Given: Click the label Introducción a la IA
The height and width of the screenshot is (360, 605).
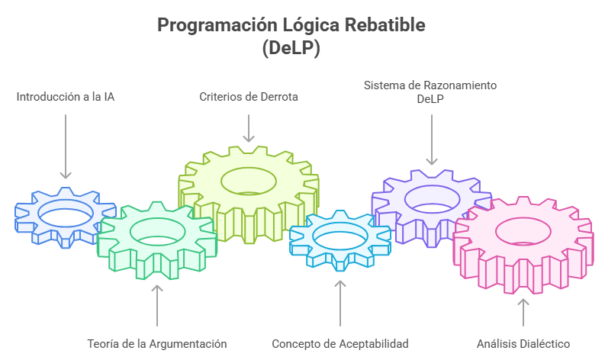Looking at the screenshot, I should (x=66, y=98).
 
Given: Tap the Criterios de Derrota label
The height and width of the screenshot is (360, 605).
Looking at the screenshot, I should (x=249, y=97).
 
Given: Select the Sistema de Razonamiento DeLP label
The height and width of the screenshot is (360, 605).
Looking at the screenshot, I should (x=430, y=92).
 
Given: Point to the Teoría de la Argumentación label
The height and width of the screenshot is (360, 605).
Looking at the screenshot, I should (x=157, y=343).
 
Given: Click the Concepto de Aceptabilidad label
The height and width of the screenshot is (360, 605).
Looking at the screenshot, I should (x=340, y=343).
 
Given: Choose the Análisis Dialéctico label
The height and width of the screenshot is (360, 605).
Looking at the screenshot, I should (x=523, y=343).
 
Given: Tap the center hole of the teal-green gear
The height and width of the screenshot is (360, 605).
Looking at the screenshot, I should (x=156, y=234).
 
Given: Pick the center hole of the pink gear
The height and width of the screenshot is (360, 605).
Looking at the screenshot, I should (x=523, y=231).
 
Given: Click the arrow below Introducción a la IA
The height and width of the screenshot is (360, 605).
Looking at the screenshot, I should (x=66, y=146).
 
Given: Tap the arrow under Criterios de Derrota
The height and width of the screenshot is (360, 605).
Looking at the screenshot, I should (x=249, y=127).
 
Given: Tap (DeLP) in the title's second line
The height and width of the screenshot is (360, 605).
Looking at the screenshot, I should (x=291, y=47).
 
